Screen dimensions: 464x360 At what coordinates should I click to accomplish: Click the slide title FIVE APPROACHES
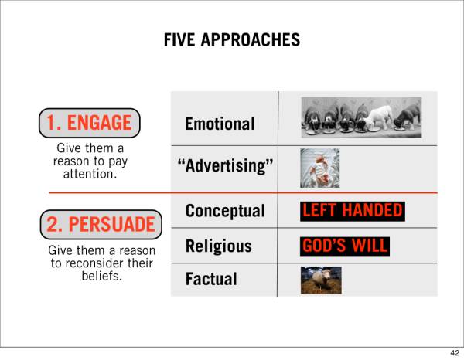click(x=232, y=40)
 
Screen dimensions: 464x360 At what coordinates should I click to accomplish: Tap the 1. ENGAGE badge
click(x=90, y=123)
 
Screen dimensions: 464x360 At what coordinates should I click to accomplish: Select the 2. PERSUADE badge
click(x=101, y=225)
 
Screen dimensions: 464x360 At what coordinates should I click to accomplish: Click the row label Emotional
click(x=220, y=124)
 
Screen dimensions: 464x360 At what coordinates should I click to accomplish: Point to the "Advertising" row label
click(x=225, y=165)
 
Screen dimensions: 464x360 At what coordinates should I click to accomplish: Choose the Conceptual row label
click(x=225, y=211)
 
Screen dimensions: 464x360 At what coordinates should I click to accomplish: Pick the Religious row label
click(x=218, y=246)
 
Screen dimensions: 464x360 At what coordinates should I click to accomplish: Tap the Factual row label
click(x=211, y=279)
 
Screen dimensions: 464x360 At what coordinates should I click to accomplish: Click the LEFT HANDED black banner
click(x=353, y=211)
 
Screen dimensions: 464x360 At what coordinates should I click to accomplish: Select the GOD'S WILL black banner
click(x=345, y=246)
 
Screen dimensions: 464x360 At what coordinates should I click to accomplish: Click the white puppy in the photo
click(x=378, y=118)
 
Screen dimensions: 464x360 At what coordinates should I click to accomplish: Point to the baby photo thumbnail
click(x=320, y=168)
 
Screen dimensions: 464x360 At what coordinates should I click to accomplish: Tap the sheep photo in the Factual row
click(x=321, y=280)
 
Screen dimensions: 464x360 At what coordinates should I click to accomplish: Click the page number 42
click(x=455, y=353)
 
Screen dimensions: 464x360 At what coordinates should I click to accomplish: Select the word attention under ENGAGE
click(x=90, y=174)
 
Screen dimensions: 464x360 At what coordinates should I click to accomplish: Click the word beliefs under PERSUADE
click(x=102, y=276)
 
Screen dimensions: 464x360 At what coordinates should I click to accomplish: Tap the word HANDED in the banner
click(x=372, y=211)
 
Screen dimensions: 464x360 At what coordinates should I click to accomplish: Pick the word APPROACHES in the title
click(x=251, y=40)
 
